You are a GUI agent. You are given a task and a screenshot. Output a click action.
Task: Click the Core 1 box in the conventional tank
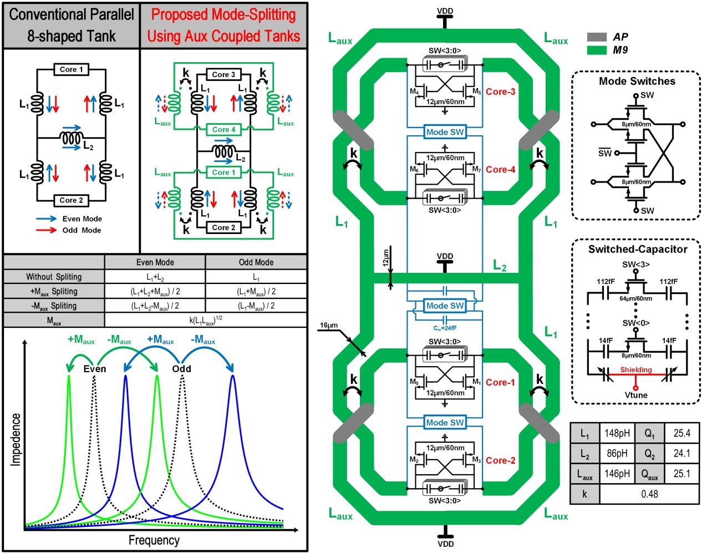pos(72,69)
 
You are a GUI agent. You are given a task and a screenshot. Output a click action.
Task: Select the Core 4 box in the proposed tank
pos(223,129)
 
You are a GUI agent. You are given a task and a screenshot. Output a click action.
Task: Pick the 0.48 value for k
pos(649,493)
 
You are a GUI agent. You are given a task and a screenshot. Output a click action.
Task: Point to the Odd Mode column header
pos(256,262)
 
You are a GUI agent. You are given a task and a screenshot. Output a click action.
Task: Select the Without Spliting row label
pos(54,277)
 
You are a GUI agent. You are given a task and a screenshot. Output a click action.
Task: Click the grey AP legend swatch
pos(597,37)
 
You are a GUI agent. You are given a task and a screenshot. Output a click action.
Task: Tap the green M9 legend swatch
pos(597,50)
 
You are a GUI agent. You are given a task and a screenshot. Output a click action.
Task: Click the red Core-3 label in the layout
pos(501,92)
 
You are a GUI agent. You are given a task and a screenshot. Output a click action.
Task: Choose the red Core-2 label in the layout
pos(501,460)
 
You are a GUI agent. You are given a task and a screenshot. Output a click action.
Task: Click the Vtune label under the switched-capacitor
pos(635,395)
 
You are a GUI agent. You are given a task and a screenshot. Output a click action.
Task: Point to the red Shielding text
pos(635,369)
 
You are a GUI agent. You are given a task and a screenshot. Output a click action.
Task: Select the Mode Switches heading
pos(637,81)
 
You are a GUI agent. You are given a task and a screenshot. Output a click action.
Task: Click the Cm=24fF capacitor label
pos(444,328)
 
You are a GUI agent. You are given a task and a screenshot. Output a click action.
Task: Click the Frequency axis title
pos(154,540)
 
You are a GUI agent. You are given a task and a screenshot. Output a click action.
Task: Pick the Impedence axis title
pos(16,439)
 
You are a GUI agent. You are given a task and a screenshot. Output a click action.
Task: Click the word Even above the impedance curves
pos(95,369)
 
